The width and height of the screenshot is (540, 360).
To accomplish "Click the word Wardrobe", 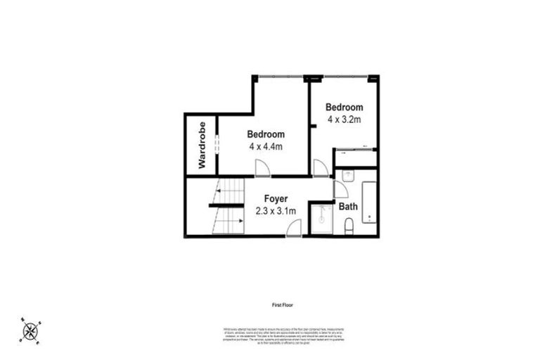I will click(201, 145).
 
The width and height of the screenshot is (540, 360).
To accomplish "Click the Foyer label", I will click(276, 198).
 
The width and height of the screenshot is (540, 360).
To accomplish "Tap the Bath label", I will click(348, 207).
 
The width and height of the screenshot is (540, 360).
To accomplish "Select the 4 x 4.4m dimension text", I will click(265, 147).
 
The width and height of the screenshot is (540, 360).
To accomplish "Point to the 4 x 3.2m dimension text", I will click(345, 120).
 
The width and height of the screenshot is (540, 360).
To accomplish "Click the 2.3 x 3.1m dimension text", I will click(276, 210).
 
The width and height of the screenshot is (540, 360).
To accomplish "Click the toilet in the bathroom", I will click(349, 226).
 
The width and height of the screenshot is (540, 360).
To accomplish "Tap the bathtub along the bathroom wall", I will click(369, 202).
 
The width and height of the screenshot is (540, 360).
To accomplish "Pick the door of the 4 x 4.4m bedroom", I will click(260, 168).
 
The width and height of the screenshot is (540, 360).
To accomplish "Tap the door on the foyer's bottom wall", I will click(295, 228).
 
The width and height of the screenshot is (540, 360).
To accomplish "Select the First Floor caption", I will click(282, 305).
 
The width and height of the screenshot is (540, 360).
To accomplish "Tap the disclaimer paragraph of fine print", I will click(282, 335).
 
